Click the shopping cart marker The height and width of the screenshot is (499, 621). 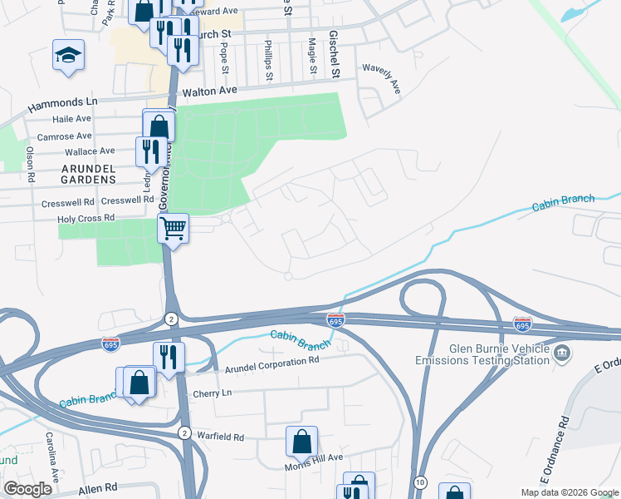click(x=174, y=227)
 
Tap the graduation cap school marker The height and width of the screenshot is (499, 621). click(x=67, y=55)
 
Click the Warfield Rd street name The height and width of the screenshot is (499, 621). click(x=220, y=437)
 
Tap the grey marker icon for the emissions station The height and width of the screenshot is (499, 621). click(x=562, y=353)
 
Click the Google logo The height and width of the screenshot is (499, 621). click(x=27, y=489)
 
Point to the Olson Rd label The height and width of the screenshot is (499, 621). click(x=31, y=165)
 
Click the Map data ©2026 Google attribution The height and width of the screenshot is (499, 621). click(x=569, y=492)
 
